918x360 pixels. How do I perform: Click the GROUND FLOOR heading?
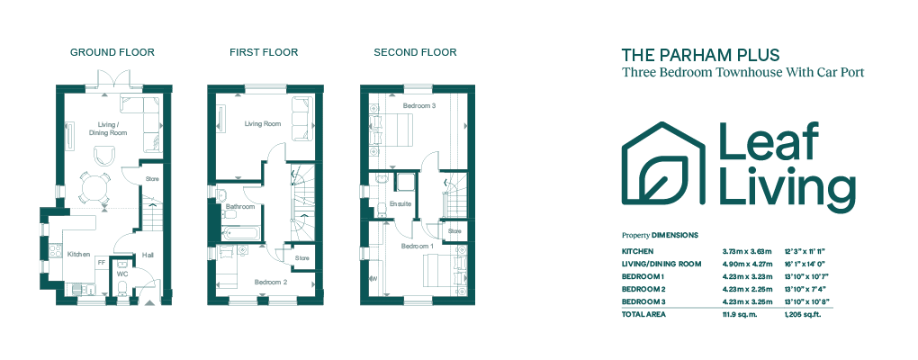112,53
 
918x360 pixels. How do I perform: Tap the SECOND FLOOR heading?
415,53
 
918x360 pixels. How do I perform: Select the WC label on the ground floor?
122,274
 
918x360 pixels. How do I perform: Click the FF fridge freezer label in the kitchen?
101,263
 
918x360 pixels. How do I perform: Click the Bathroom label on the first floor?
240,207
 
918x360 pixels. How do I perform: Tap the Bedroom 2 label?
271,282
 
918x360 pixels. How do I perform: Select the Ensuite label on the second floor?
400,204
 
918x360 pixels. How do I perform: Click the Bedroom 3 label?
418,105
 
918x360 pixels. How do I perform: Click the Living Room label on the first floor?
262,124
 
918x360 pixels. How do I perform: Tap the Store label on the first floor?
302,258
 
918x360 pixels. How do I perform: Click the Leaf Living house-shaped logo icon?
662,163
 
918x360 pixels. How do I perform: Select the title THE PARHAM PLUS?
700,56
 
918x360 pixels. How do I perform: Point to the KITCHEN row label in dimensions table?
637,251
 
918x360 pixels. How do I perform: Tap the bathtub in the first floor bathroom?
239,234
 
